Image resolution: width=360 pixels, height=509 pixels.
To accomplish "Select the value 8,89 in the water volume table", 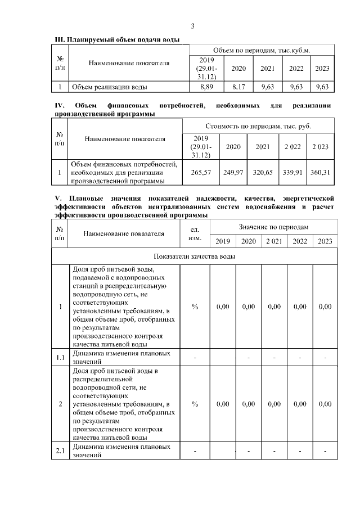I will pyautogui.click(x=206, y=87).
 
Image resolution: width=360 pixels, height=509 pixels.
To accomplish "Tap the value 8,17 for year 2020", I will pyautogui.click(x=238, y=87).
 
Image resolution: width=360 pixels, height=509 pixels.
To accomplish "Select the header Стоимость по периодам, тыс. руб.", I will pyautogui.click(x=258, y=126).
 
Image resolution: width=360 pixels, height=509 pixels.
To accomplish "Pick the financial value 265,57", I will pyautogui.click(x=201, y=173).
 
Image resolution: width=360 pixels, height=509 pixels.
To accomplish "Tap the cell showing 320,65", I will pyautogui.click(x=263, y=173).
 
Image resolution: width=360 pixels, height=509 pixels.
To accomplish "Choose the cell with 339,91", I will pyautogui.click(x=292, y=173).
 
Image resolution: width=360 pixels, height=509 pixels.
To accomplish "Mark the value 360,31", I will pyautogui.click(x=321, y=173).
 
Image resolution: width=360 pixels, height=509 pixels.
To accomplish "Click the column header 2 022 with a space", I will pyautogui.click(x=292, y=146).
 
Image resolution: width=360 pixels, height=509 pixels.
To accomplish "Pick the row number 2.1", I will pyautogui.click(x=60, y=451).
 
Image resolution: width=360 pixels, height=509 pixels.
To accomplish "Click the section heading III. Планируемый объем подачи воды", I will pyautogui.click(x=117, y=40).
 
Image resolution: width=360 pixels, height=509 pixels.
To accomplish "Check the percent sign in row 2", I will pyautogui.click(x=195, y=404).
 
